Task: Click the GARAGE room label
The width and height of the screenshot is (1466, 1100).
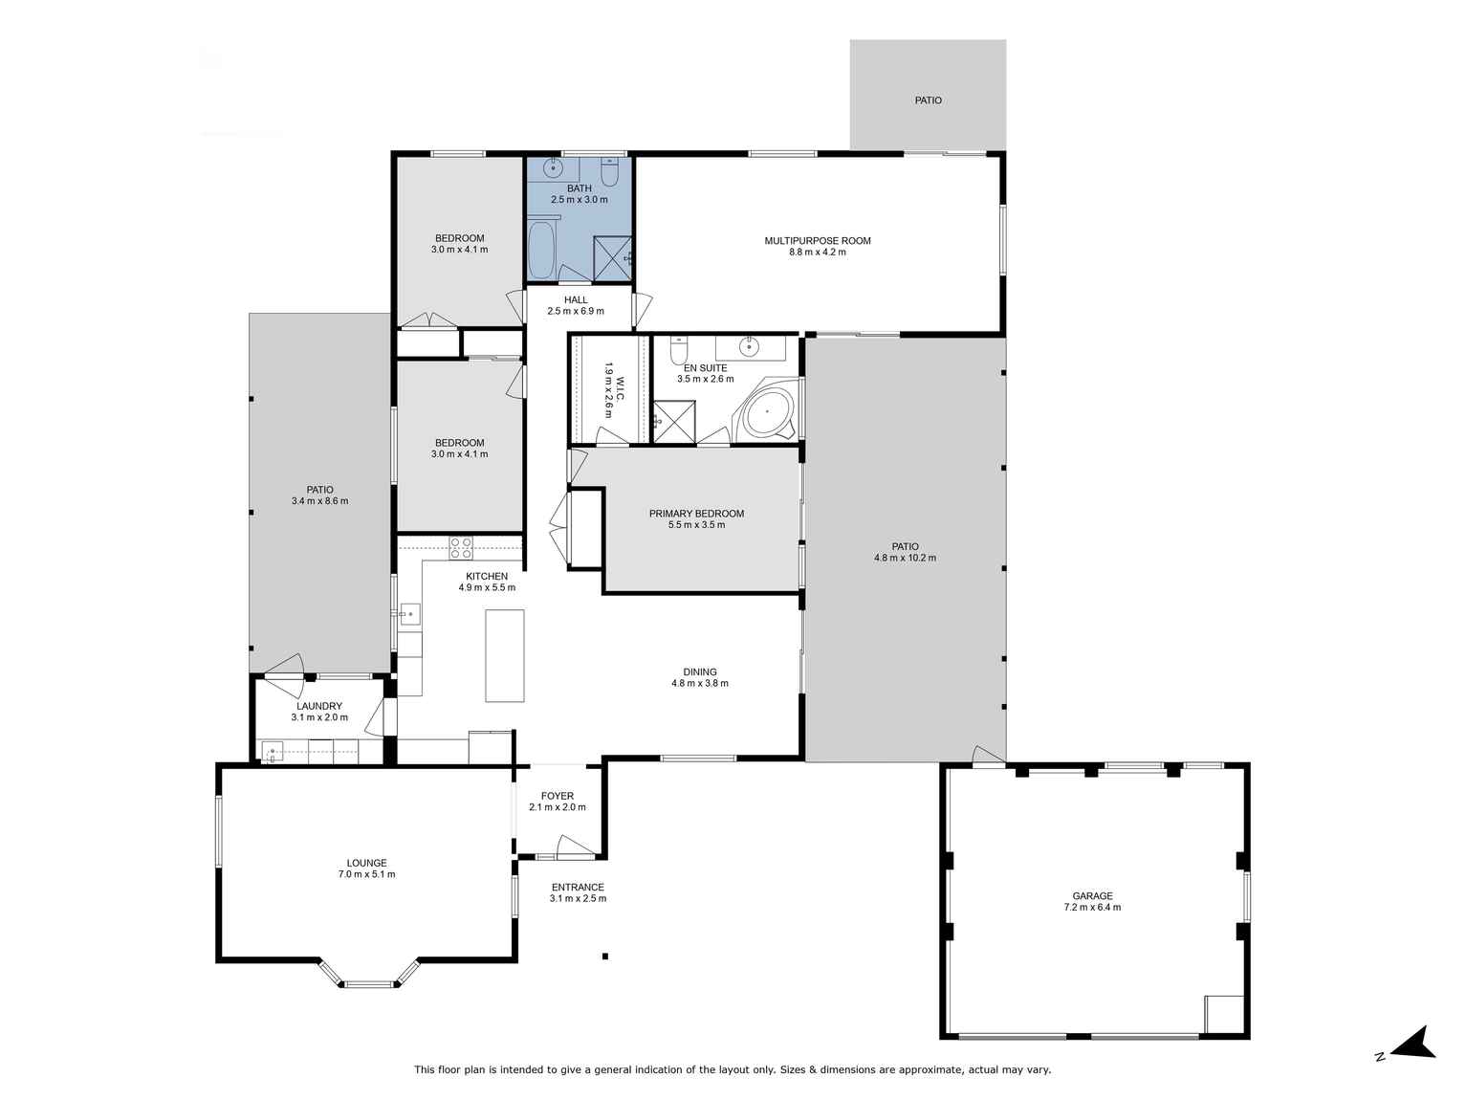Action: [1092, 896]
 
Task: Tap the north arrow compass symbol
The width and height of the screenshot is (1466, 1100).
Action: [1414, 1044]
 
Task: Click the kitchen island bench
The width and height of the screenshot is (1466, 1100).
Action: [505, 655]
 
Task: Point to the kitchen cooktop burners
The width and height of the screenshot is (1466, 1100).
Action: [461, 548]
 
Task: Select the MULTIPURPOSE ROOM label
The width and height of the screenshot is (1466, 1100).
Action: [818, 241]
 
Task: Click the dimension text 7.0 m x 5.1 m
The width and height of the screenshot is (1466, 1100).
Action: [366, 874]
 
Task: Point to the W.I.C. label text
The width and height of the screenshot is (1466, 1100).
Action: [619, 388]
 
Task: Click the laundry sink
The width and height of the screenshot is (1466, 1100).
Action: [273, 751]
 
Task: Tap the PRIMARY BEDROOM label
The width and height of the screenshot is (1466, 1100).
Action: [696, 514]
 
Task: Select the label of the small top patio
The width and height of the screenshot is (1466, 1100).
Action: [928, 99]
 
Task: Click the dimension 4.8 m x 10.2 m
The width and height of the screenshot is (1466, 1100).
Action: [905, 558]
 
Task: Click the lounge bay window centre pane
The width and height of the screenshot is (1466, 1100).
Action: [370, 983]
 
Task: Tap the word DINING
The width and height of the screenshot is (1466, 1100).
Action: [700, 671]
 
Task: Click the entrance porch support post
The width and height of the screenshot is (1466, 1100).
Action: [605, 956]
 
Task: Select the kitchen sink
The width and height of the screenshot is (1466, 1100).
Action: [408, 612]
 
